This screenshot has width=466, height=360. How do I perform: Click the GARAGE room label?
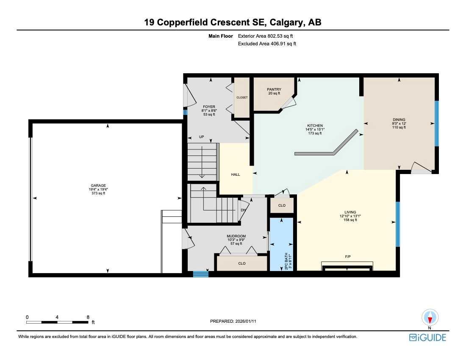[x=98, y=185]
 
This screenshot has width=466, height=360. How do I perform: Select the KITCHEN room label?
[x=315, y=125]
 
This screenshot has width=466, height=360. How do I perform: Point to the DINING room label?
[x=399, y=119]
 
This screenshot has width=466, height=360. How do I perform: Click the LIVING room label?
[x=350, y=212]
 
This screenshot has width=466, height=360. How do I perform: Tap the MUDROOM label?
[x=236, y=236]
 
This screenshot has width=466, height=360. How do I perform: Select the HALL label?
[x=236, y=174]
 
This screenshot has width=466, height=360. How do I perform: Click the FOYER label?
[x=209, y=107]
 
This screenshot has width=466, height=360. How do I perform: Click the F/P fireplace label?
[x=347, y=256]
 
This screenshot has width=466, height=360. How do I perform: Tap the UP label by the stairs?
[x=202, y=137]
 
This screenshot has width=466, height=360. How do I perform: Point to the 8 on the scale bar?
[x=88, y=317]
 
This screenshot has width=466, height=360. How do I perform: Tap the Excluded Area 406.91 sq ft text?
[x=267, y=44]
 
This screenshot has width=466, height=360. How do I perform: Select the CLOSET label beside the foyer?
[x=242, y=97]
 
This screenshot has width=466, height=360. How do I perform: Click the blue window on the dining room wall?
[x=437, y=123]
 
